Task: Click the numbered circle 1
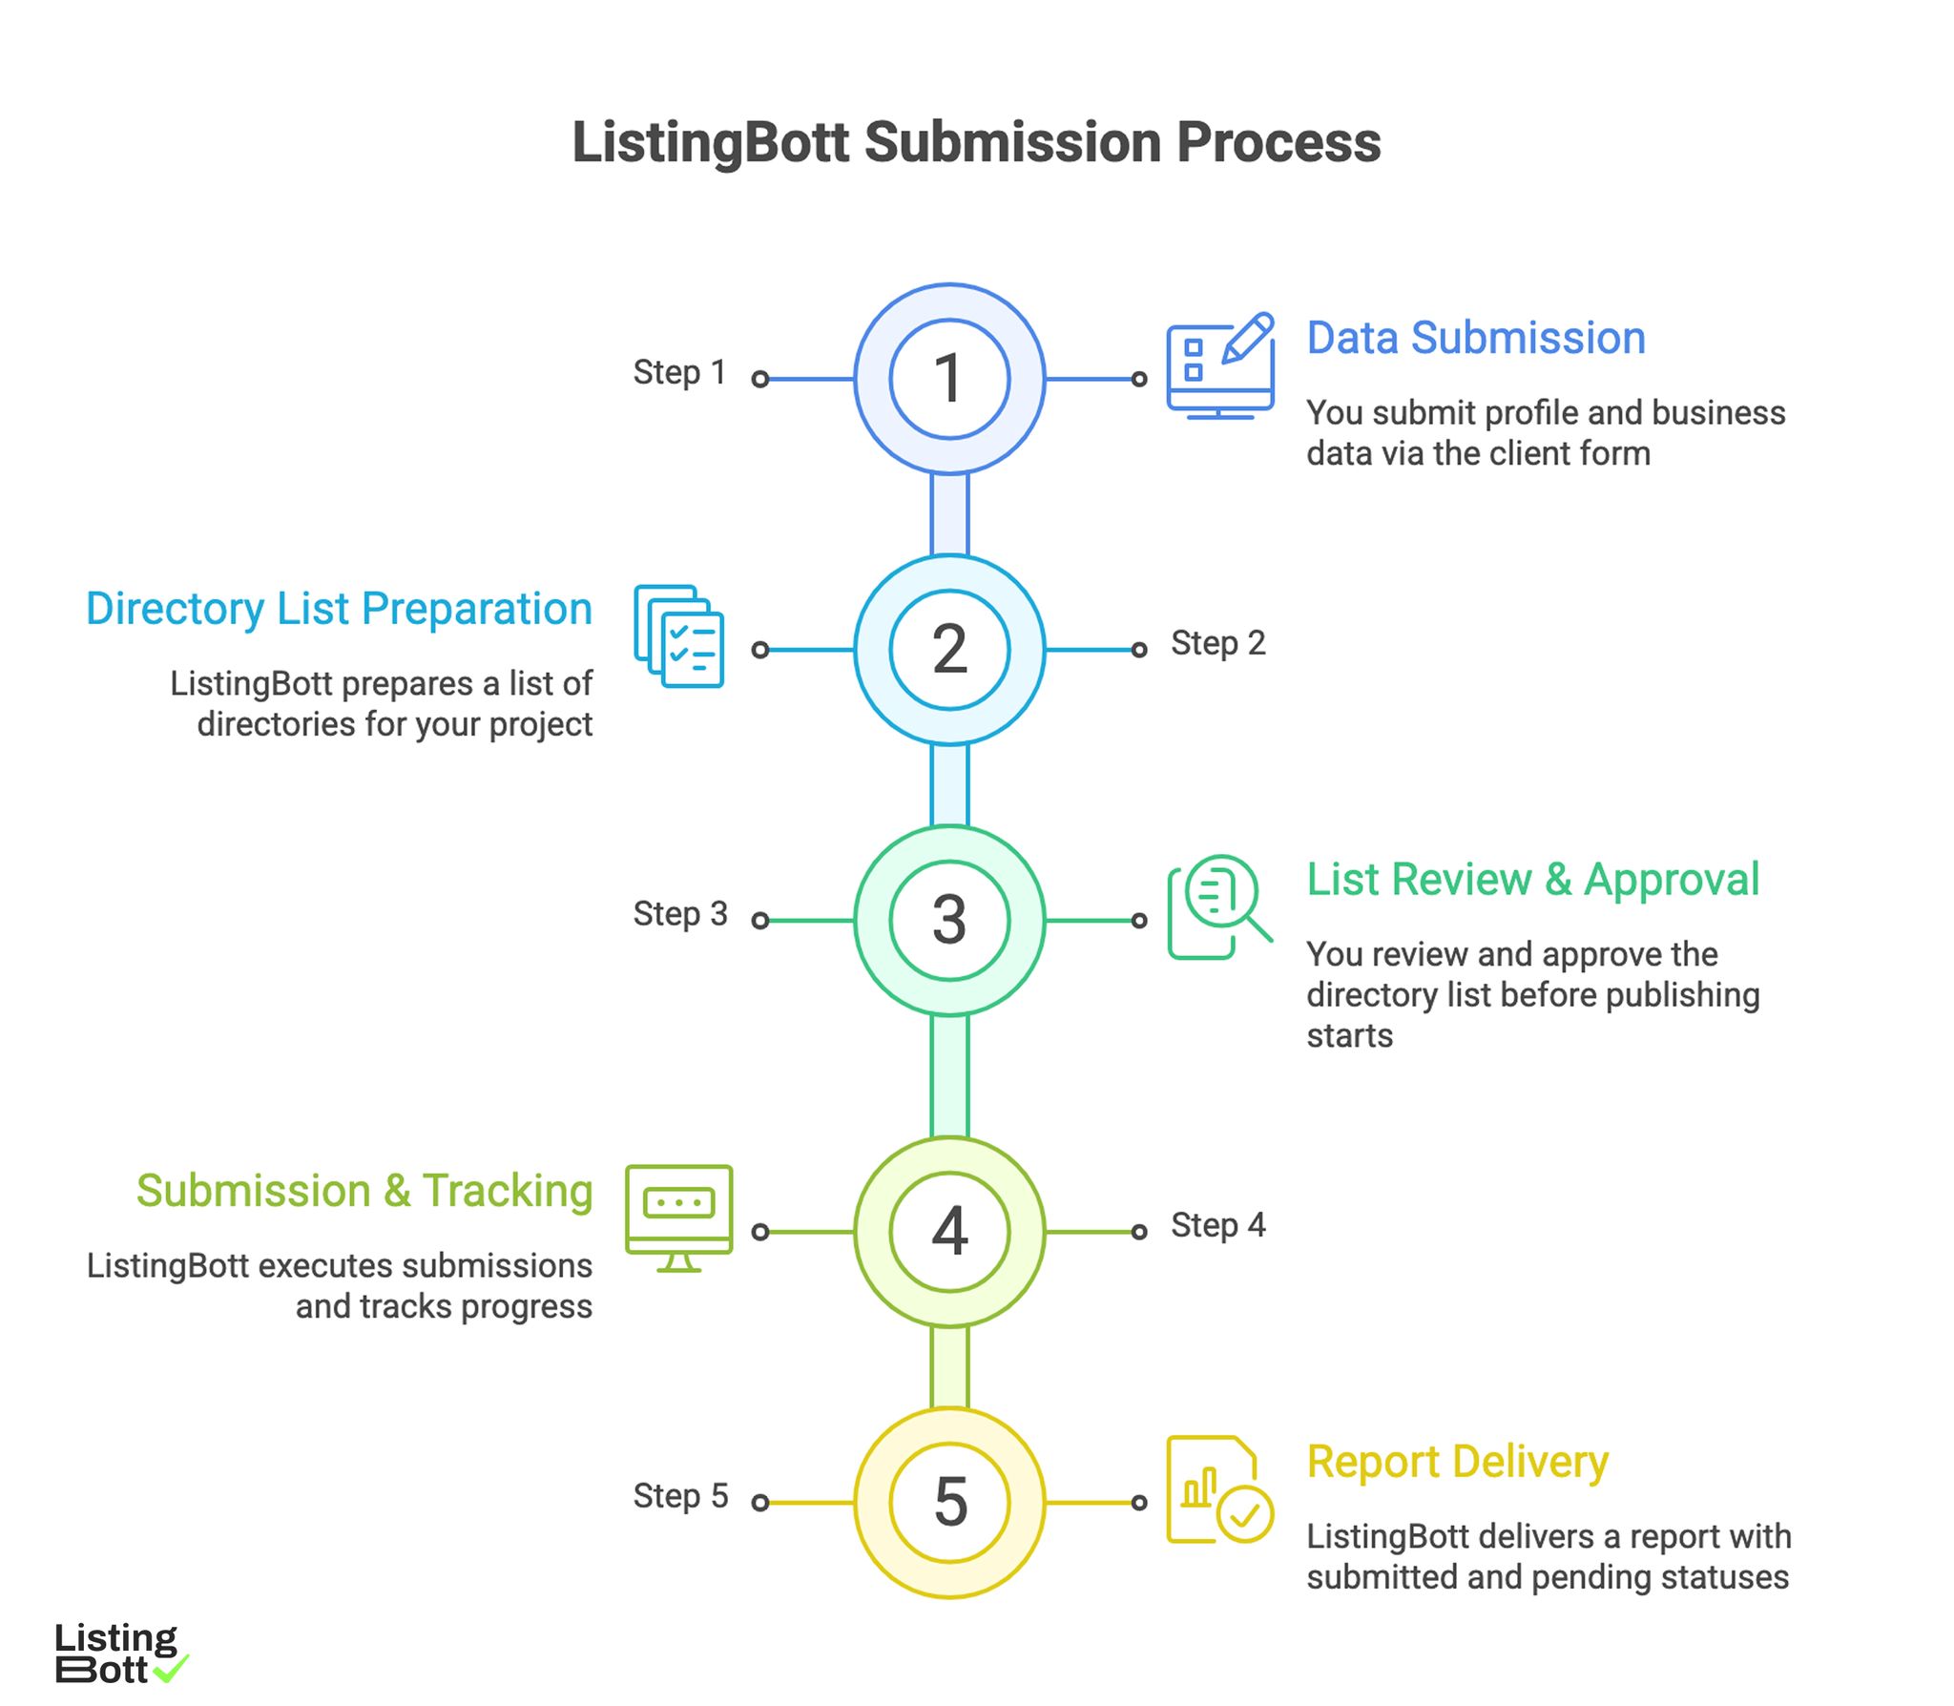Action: pos(948,379)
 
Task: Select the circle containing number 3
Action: pos(948,920)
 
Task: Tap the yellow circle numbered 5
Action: pos(948,1502)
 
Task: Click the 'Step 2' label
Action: pos(1217,643)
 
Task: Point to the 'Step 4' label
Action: pos(1217,1225)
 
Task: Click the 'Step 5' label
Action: pos(679,1495)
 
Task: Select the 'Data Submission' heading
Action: pos(1475,338)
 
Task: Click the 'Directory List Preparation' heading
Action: pos(339,609)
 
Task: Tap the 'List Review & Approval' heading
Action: pos(1531,879)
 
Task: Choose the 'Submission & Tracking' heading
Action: pos(364,1191)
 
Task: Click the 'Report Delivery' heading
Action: pos(1457,1462)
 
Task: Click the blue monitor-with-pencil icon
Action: pos(1219,367)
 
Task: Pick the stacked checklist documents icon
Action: pos(678,636)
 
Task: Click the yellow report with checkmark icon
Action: pos(1218,1489)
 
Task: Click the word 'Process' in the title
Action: pos(1278,143)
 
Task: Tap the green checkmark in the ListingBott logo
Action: pos(171,1669)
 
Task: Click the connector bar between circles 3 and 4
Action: pos(948,1075)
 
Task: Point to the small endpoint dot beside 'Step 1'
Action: pos(759,379)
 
